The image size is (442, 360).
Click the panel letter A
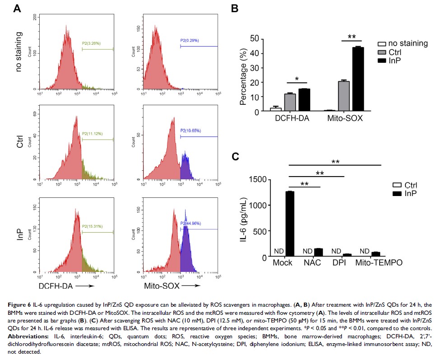pos(17,8)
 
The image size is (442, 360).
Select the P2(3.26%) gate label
pos(91,43)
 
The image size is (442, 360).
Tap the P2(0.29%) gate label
pos(190,41)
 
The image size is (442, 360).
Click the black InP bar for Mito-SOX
pos(358,79)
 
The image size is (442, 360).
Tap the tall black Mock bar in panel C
pos(290,224)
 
